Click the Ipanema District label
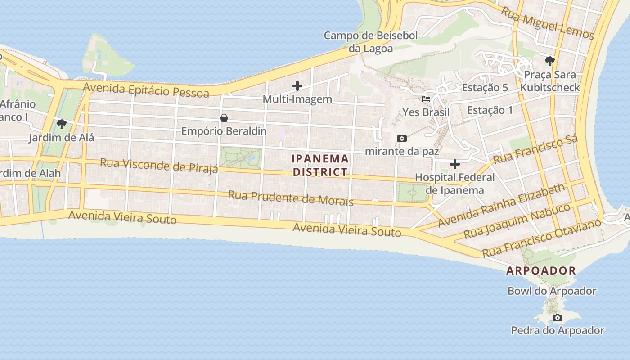coord(320,165)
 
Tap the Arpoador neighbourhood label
coord(541,270)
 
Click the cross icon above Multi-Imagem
coord(297,85)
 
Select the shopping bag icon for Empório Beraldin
coord(224,118)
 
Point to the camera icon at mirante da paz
coord(402,138)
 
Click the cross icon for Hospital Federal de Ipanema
coord(455,164)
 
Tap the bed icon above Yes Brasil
coord(426,99)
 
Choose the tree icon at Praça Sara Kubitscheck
coord(549,61)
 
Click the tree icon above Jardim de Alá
coord(62,124)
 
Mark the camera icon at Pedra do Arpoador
coord(558,318)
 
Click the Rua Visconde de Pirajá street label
coord(159,165)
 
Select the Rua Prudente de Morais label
coord(291,198)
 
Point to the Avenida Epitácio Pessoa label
coord(146,90)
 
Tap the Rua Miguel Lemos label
coord(548,23)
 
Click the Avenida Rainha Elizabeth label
coord(501,205)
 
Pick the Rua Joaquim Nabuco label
coord(517,221)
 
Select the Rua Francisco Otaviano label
coord(541,238)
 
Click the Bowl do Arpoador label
coord(552,291)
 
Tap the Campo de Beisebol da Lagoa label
coord(371,41)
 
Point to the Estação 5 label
coord(485,88)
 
